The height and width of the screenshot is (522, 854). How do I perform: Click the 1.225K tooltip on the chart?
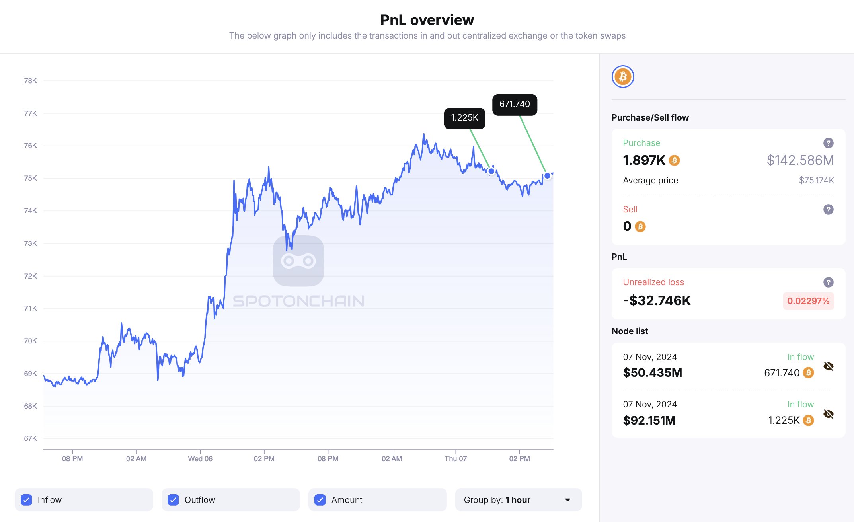coord(464,118)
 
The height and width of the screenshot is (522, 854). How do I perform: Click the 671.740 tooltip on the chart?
coord(515,105)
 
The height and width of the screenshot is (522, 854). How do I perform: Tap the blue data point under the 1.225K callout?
coord(491,171)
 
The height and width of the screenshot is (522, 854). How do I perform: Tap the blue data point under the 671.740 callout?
coord(548,175)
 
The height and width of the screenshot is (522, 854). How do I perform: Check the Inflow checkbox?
coord(27,500)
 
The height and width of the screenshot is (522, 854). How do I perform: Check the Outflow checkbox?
coord(173,500)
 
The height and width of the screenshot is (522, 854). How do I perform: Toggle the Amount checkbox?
coord(320,500)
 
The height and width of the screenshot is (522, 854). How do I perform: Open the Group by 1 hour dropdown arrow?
coord(567,500)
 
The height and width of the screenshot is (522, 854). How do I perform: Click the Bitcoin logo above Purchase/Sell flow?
coord(623,76)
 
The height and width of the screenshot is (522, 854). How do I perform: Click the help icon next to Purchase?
coord(828,143)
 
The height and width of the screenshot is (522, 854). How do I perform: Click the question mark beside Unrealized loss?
coord(828,282)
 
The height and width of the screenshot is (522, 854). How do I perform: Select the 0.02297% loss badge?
coord(808,301)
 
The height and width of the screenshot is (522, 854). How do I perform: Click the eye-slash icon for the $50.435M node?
coord(829,366)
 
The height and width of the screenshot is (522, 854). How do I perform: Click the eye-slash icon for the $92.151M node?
coord(829,414)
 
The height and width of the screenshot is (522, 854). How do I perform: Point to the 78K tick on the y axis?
coord(31,81)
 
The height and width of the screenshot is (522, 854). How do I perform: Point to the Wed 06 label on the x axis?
coord(200,459)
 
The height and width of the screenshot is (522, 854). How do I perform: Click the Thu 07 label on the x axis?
coord(456,459)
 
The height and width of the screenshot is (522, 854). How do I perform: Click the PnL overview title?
coord(427,20)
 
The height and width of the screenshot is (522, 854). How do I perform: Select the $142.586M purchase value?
coord(800,160)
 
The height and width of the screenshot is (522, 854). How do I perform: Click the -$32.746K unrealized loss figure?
coord(657,301)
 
